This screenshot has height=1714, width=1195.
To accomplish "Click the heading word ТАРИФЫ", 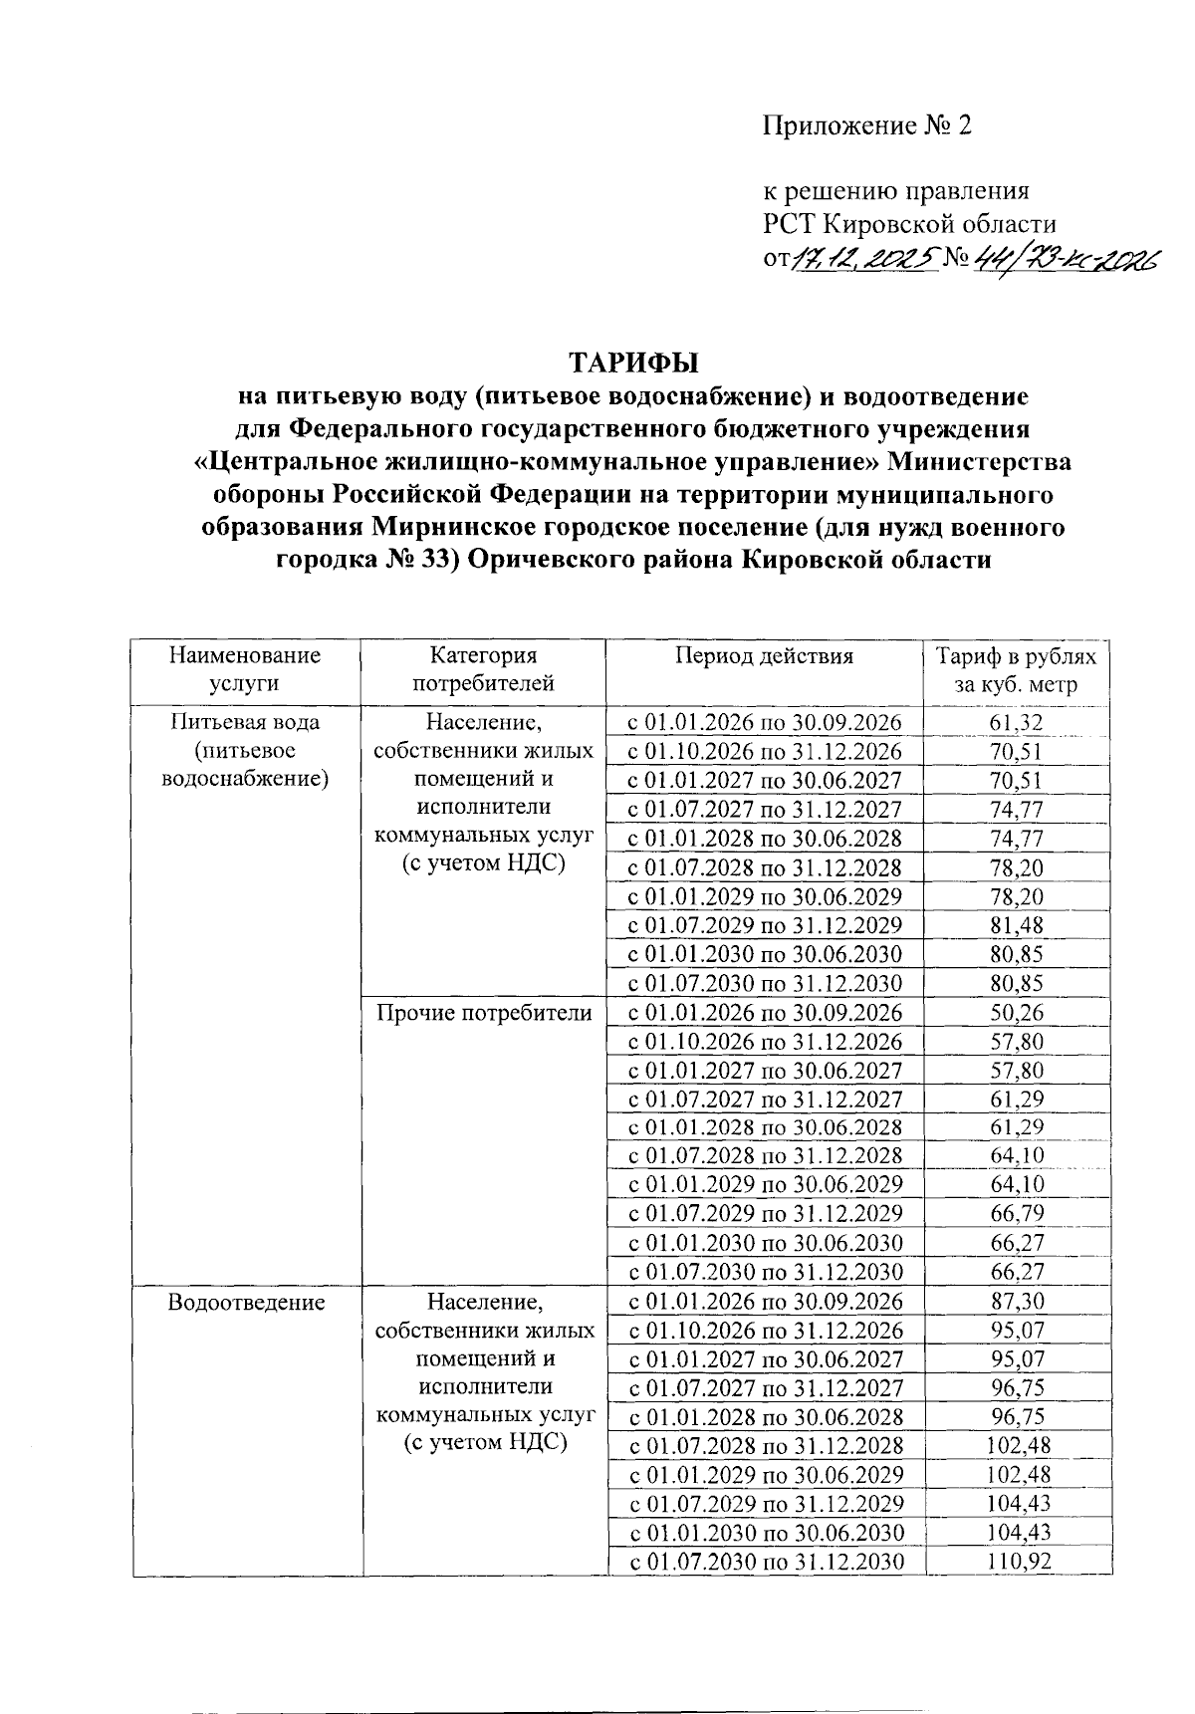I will tap(633, 361).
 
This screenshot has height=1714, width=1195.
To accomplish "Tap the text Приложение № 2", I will tap(865, 125).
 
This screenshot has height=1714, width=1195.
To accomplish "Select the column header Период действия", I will tap(764, 656).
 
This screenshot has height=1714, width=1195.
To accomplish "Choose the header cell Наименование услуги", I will tap(245, 669).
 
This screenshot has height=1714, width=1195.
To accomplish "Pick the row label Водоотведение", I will tap(246, 1302).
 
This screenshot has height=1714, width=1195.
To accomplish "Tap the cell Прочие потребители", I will tap(484, 1013).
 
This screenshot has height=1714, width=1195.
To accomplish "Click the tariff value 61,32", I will tap(1016, 723).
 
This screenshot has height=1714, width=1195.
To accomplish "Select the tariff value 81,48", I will tap(1016, 925).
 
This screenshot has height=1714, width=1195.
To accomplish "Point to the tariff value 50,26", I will tap(1016, 1013).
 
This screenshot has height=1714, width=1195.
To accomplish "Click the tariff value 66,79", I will tap(1016, 1213).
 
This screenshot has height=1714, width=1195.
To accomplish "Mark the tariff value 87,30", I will tap(1016, 1302).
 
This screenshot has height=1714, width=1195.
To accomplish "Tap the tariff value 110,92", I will tap(1018, 1562).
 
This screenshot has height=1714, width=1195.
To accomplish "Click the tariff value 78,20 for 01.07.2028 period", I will tap(1016, 867).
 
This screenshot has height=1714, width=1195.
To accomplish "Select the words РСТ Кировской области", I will tap(909, 224).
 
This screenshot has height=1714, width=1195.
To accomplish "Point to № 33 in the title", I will tap(416, 560).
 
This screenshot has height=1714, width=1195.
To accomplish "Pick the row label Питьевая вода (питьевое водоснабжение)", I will tap(245, 749).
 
